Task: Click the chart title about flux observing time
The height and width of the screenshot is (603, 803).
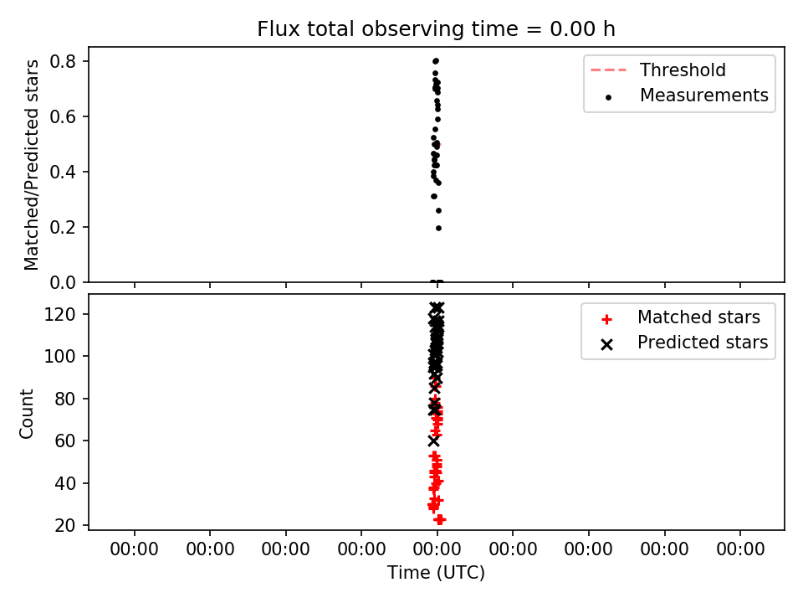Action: pos(436,29)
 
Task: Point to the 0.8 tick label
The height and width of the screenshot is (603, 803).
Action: pos(63,61)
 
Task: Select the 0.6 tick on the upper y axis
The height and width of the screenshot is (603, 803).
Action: pos(63,117)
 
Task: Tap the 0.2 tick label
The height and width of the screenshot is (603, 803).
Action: pos(63,227)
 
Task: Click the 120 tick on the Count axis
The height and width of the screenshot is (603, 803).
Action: pos(59,314)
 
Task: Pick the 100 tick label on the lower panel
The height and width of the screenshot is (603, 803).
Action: pos(59,356)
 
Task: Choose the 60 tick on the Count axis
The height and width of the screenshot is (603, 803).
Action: pos(65,441)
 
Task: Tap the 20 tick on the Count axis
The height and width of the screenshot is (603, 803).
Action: pos(65,525)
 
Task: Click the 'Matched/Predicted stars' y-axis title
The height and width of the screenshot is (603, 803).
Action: pos(31,165)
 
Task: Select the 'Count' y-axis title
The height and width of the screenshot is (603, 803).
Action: pos(26,414)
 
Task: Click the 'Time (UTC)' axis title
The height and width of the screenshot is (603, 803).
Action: pos(436,573)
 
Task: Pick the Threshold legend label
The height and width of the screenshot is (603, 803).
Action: pos(683,70)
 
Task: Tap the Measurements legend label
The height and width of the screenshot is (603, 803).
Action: pos(704,95)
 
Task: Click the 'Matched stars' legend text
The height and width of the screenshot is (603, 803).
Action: pos(698,317)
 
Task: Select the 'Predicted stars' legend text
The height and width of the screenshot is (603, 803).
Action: pos(703,342)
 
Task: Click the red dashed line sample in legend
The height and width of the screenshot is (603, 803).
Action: pos(608,70)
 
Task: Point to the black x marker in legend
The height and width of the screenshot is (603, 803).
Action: pos(607,344)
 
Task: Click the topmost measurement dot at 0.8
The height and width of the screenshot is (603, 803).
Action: pos(436,61)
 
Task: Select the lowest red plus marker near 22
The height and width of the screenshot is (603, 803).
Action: pos(439,520)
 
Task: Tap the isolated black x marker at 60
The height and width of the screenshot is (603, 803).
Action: pos(434,441)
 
